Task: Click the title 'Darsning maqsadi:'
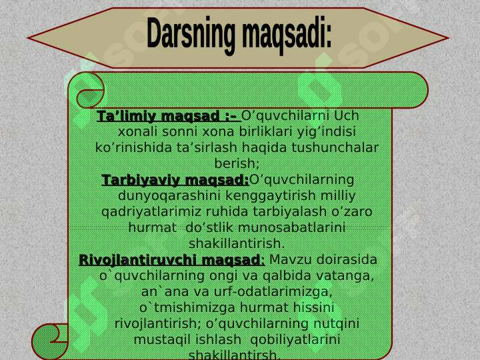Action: tap(239, 35)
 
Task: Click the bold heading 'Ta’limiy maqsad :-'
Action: tap(167, 116)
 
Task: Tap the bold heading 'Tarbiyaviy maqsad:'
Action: tap(175, 180)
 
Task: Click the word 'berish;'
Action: tap(237, 163)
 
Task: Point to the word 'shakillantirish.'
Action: tap(237, 243)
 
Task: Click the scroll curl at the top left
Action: tap(89, 91)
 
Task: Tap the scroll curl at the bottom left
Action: tap(51, 340)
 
